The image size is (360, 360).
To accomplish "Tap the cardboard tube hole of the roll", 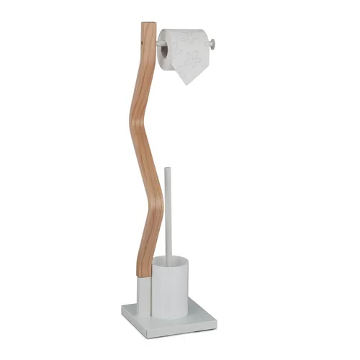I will coord(163,50).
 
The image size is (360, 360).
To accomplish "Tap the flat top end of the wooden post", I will coord(148,24).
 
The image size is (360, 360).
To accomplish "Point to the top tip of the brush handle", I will coord(168,170).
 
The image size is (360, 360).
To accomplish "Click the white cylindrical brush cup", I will coord(170,288).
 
